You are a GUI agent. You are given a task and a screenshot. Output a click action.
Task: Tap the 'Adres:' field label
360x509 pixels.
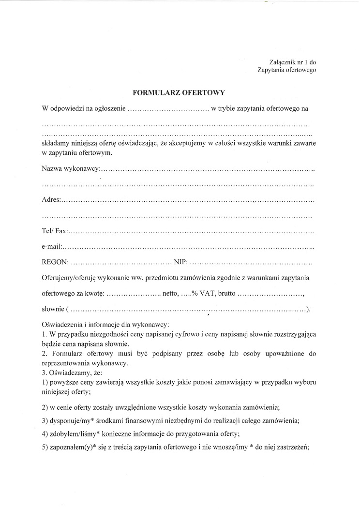point(51,199)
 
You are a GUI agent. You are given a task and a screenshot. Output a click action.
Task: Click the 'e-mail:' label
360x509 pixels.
point(52,247)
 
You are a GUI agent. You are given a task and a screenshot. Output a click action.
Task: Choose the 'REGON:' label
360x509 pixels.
point(55,263)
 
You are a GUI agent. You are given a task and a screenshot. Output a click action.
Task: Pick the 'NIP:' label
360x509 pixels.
point(180,263)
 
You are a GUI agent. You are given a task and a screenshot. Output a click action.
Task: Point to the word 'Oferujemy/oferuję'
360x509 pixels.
point(71,278)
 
